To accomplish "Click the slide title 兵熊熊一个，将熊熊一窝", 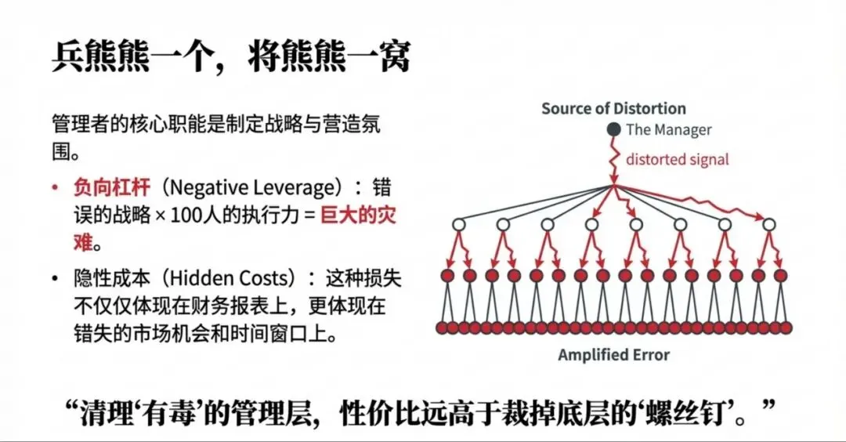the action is coord(231,57).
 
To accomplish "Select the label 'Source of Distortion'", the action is coord(613,109).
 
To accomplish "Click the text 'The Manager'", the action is coord(668,130).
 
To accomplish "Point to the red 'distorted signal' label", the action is coord(677,159).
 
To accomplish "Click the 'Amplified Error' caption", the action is coord(613,355).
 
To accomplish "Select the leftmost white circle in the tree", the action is coord(459,225).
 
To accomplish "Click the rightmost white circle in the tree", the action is coord(768,225).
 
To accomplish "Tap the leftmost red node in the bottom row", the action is coord(442,328).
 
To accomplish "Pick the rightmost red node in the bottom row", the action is coord(786,328).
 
